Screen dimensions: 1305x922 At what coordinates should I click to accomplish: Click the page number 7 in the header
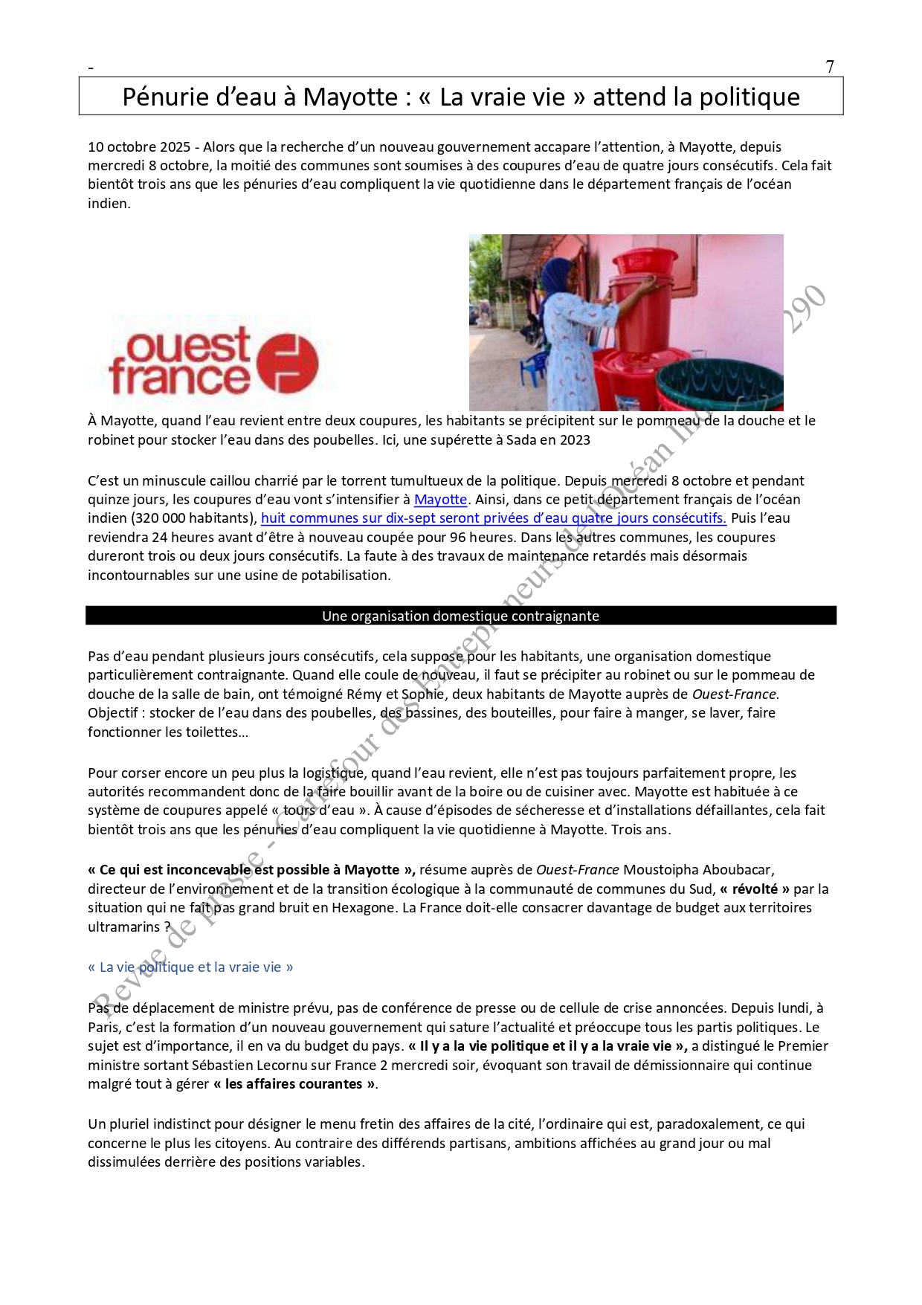[830, 67]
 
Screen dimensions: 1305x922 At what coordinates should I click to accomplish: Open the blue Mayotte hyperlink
[440, 500]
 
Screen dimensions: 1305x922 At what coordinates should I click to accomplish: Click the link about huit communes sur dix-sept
[493, 518]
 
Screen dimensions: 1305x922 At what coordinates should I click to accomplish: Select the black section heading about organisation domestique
[460, 616]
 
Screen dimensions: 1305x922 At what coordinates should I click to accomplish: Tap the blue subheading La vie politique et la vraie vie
[190, 967]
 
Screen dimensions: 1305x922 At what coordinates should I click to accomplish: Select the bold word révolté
[755, 889]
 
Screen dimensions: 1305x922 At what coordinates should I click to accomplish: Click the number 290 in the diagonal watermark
[804, 309]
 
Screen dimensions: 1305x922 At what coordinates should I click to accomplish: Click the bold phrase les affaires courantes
[294, 1084]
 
